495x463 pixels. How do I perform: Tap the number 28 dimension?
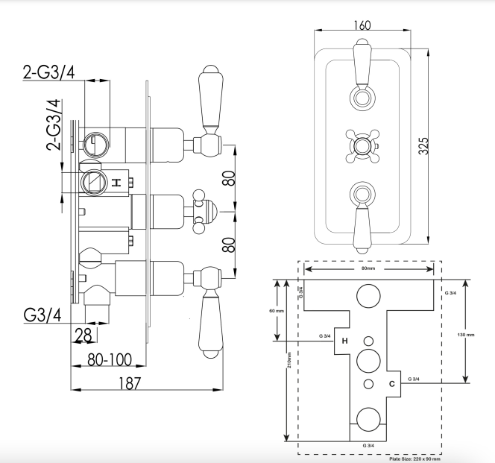click(84, 336)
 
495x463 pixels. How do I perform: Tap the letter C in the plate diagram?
click(392, 384)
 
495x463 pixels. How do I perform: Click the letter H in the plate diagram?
click(344, 341)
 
